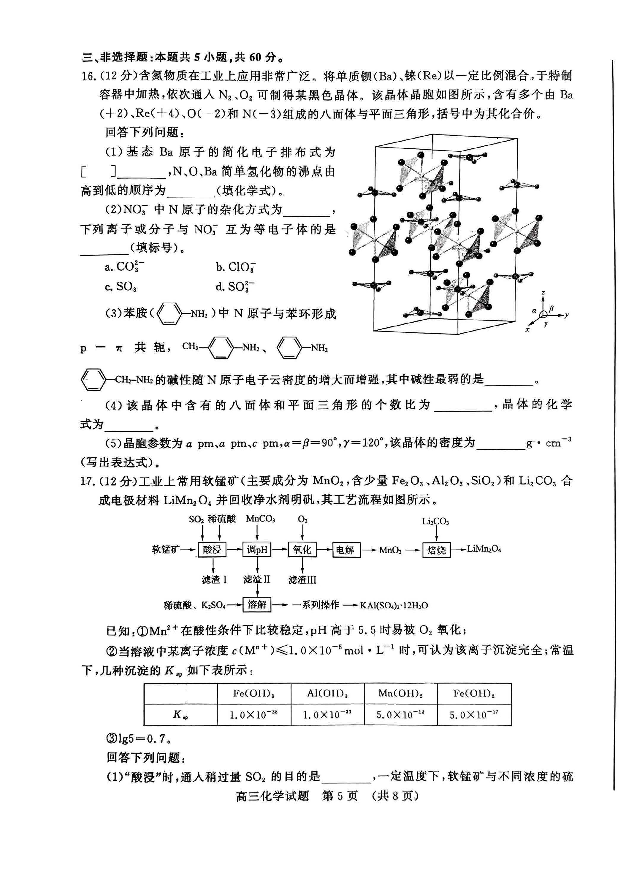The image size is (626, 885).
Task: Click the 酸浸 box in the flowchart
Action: coord(212,550)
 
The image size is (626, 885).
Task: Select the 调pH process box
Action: coord(257,550)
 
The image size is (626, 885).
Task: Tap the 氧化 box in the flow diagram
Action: coord(302,550)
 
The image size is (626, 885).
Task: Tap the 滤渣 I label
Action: coord(214,579)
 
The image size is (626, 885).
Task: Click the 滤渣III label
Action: coord(302,580)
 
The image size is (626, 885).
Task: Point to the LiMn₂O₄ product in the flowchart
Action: coord(484,549)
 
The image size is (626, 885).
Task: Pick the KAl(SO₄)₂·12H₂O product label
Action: coord(394,605)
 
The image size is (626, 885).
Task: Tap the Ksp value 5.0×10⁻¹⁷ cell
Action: coord(474,715)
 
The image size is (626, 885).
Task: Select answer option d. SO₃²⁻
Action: coord(235,286)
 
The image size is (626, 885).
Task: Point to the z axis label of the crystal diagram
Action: coord(543,293)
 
